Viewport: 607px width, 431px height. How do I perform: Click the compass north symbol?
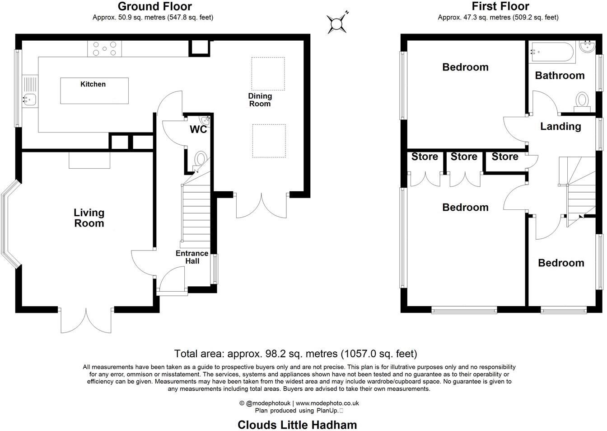(x=337, y=23)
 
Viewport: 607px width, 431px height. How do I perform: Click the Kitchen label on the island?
(x=93, y=84)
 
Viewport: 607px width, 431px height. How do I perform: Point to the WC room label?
(x=198, y=130)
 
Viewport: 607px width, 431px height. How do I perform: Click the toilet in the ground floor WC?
(x=201, y=160)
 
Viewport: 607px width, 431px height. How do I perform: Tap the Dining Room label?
(x=260, y=100)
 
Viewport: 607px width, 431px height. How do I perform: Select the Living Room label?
(x=89, y=218)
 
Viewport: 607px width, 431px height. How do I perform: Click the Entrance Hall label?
(x=192, y=257)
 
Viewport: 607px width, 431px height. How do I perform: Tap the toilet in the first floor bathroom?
(x=583, y=100)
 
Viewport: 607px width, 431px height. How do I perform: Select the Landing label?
(x=560, y=127)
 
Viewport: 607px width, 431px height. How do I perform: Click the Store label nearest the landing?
(x=504, y=156)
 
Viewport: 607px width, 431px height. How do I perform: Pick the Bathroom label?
(x=560, y=76)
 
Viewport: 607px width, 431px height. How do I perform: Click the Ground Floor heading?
(x=154, y=6)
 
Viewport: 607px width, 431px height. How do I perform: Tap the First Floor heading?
(x=500, y=6)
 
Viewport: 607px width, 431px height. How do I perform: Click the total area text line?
(x=295, y=354)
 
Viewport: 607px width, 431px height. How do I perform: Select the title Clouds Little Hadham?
(x=297, y=425)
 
